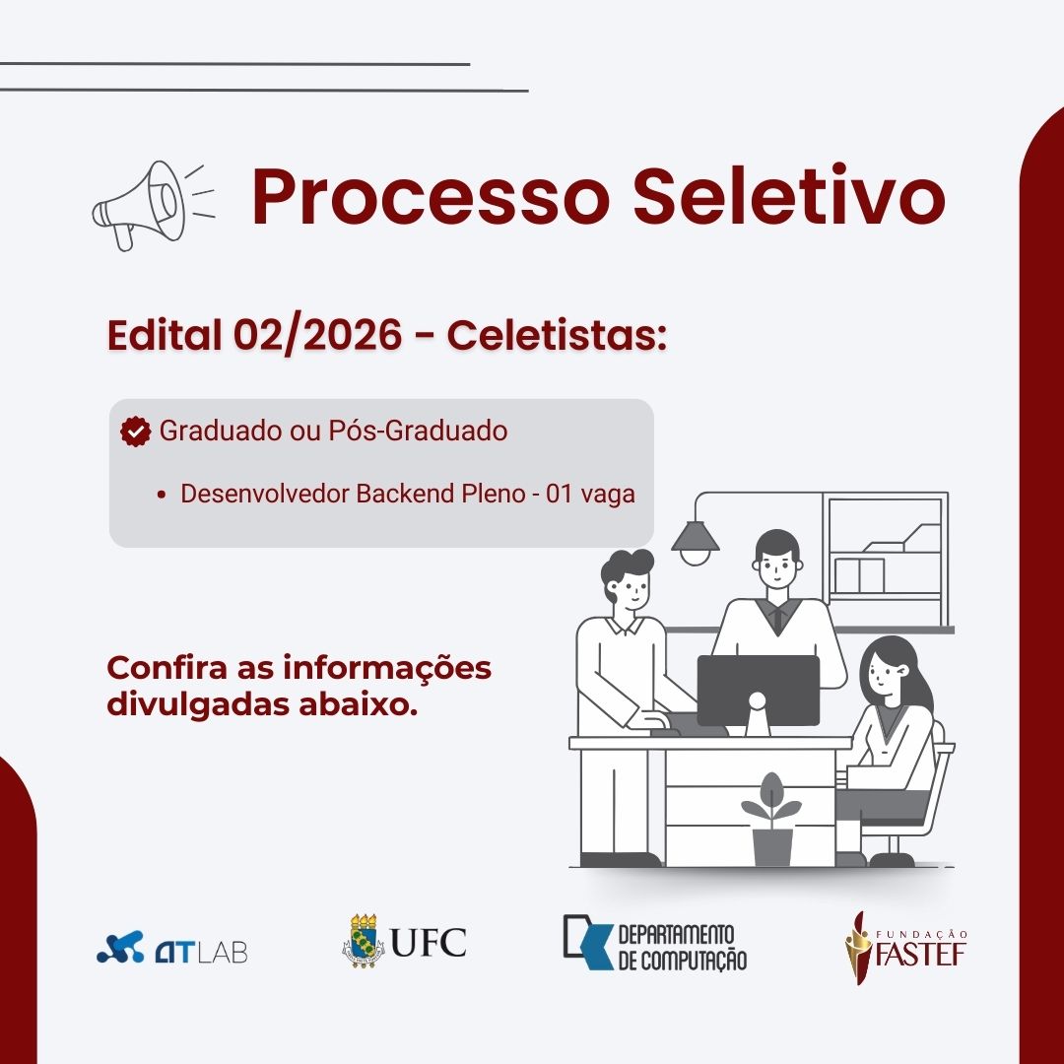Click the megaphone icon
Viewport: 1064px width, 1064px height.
point(154,205)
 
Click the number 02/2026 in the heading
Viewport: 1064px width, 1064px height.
point(317,335)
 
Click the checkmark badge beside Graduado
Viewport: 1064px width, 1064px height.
point(136,432)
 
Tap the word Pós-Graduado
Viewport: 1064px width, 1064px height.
point(418,431)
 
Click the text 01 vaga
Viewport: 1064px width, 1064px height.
point(590,494)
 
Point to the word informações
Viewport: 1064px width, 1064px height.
point(387,668)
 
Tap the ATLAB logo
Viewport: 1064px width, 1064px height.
point(172,948)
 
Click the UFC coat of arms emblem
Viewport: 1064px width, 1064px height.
point(363,941)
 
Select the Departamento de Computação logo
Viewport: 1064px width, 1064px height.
point(655,943)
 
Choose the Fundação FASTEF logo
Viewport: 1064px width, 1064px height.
point(906,948)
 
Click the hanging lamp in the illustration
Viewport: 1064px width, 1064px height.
point(695,541)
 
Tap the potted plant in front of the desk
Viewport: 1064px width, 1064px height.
point(771,820)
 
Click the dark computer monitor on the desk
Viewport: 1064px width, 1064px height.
point(758,690)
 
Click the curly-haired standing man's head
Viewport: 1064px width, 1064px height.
point(628,579)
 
